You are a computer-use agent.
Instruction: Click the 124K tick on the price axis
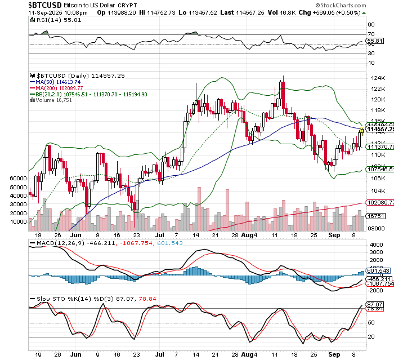click(x=376, y=88)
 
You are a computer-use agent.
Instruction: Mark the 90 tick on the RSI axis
click(x=371, y=25)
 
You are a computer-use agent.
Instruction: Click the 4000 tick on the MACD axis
click(x=376, y=245)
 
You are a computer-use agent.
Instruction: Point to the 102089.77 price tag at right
click(x=378, y=202)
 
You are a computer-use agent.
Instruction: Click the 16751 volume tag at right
click(x=376, y=215)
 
